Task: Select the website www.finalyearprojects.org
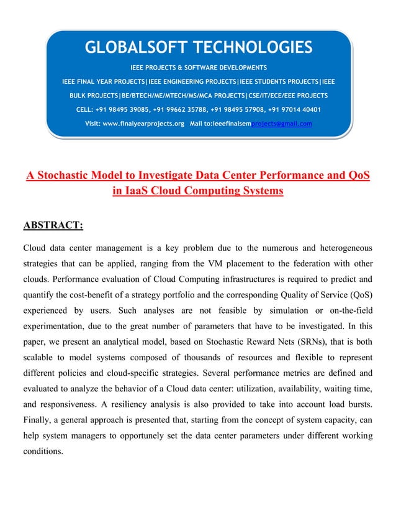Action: pos(143,123)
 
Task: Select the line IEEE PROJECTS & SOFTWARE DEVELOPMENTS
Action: pos(198,66)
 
